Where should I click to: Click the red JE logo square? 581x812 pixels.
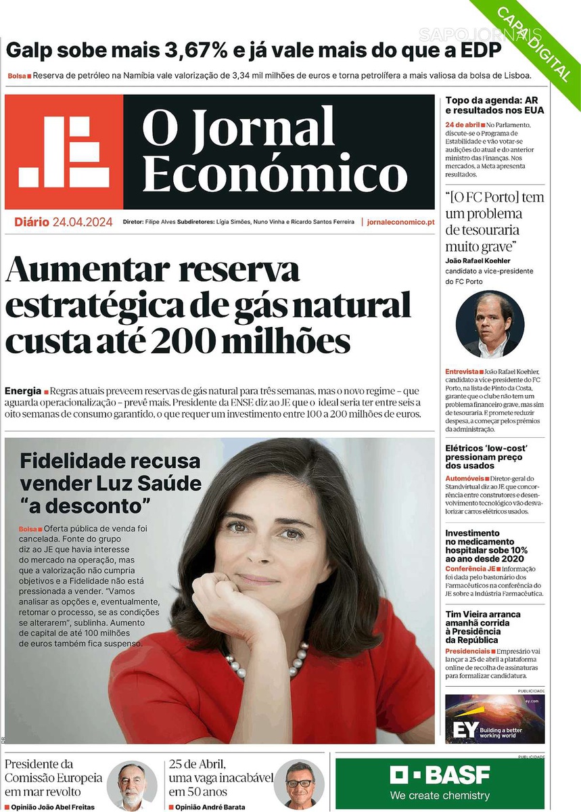click(64, 152)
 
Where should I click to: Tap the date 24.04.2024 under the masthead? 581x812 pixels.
click(83, 222)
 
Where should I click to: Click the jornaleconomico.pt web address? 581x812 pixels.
click(401, 222)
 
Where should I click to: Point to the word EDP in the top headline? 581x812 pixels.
click(478, 51)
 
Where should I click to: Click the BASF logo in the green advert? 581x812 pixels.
click(440, 775)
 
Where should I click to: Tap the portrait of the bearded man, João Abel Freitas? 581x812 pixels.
click(131, 785)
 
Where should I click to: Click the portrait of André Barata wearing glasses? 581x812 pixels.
click(298, 785)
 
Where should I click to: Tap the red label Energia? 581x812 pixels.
click(22, 391)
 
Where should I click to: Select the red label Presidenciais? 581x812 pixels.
click(467, 651)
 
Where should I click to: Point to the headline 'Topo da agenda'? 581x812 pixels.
click(494, 105)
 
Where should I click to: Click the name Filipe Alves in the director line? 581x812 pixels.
click(160, 222)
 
